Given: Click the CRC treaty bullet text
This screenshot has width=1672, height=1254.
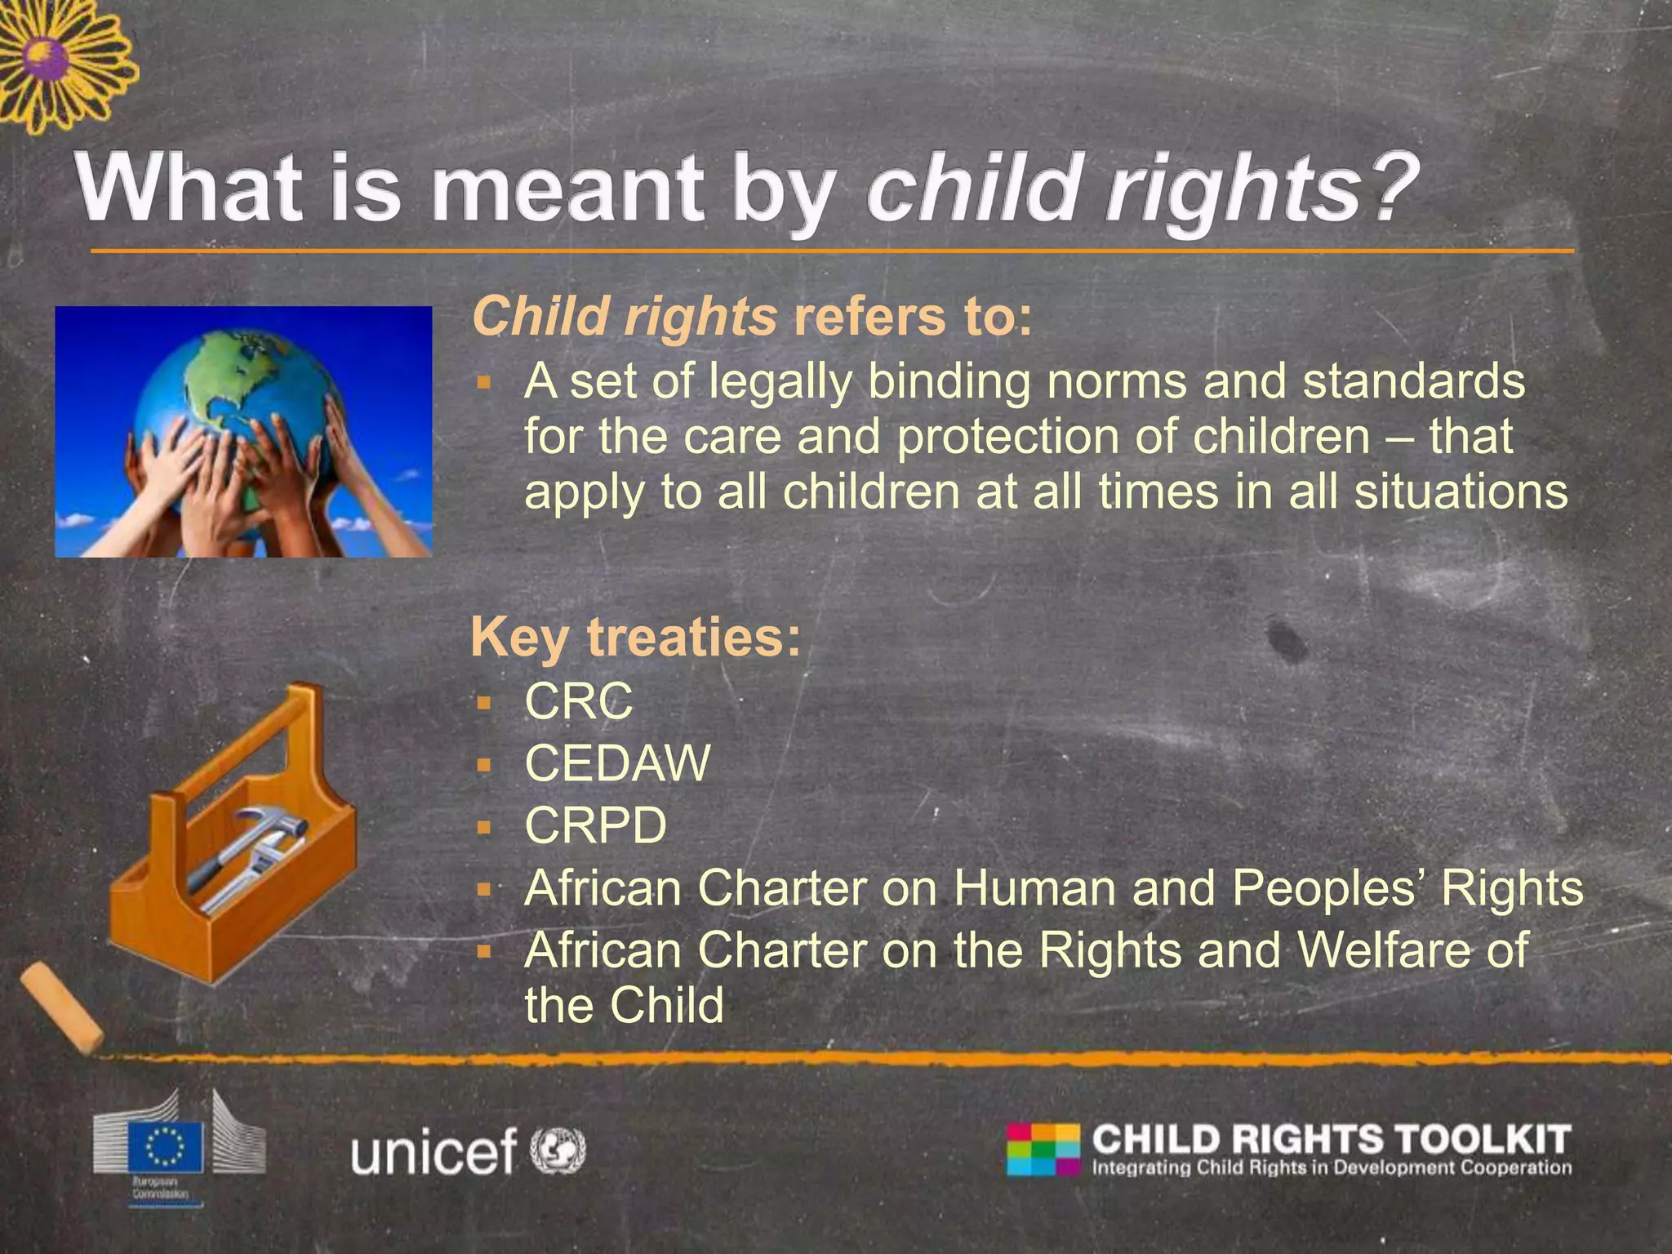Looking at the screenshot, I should [x=578, y=701].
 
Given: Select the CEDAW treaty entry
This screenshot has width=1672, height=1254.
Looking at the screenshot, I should [x=617, y=764].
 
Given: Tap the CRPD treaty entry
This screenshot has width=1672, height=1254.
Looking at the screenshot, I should [x=595, y=826].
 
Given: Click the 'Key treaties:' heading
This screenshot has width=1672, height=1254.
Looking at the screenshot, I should [x=636, y=638].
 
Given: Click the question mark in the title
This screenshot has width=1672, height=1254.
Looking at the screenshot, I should [x=1393, y=189].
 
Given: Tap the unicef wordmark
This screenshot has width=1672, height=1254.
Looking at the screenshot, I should [x=434, y=1151].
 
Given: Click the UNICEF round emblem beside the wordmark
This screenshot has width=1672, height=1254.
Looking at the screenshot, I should [x=558, y=1150].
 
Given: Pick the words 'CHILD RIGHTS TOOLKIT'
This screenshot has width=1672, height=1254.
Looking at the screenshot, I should [x=1331, y=1139].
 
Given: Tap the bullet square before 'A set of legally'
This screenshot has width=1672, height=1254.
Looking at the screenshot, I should [x=484, y=382].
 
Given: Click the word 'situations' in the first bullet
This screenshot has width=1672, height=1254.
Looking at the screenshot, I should [x=1461, y=492].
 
